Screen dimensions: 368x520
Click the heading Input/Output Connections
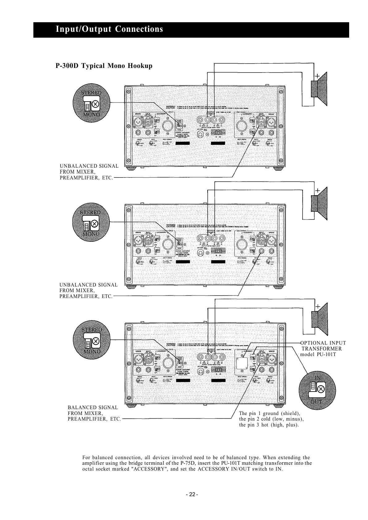(109, 29)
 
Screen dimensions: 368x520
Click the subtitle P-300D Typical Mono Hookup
(104, 66)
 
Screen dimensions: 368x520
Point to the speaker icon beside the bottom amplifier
(319, 320)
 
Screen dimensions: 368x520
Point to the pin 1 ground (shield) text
(270, 413)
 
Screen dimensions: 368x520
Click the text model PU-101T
(318, 354)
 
